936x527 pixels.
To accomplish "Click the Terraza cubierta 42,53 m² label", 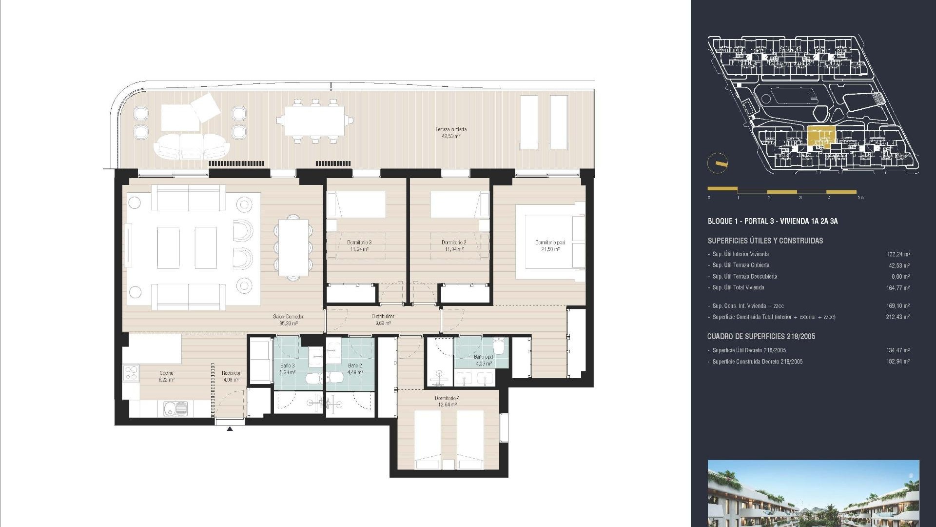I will click(451, 133).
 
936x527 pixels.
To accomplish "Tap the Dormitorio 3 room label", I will click(359, 245).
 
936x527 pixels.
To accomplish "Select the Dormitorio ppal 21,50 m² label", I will click(550, 245).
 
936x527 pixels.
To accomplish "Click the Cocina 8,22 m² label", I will click(166, 376).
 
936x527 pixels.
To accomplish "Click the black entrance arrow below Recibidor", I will click(230, 429).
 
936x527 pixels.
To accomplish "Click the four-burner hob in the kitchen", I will click(131, 373).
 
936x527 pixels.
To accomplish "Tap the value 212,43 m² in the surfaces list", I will click(898, 317).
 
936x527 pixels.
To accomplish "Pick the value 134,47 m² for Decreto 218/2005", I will click(898, 350).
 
